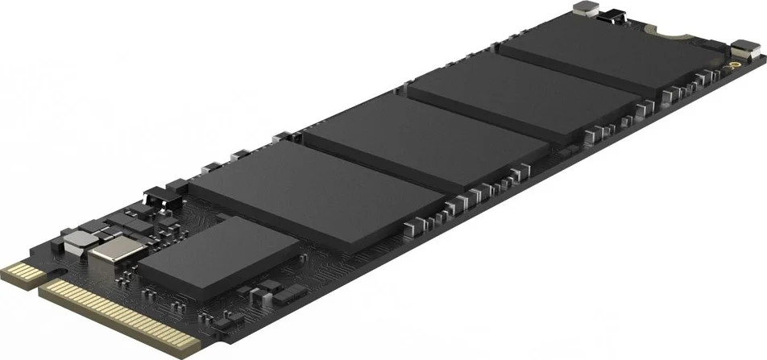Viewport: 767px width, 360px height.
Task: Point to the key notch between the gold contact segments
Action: [39, 279]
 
